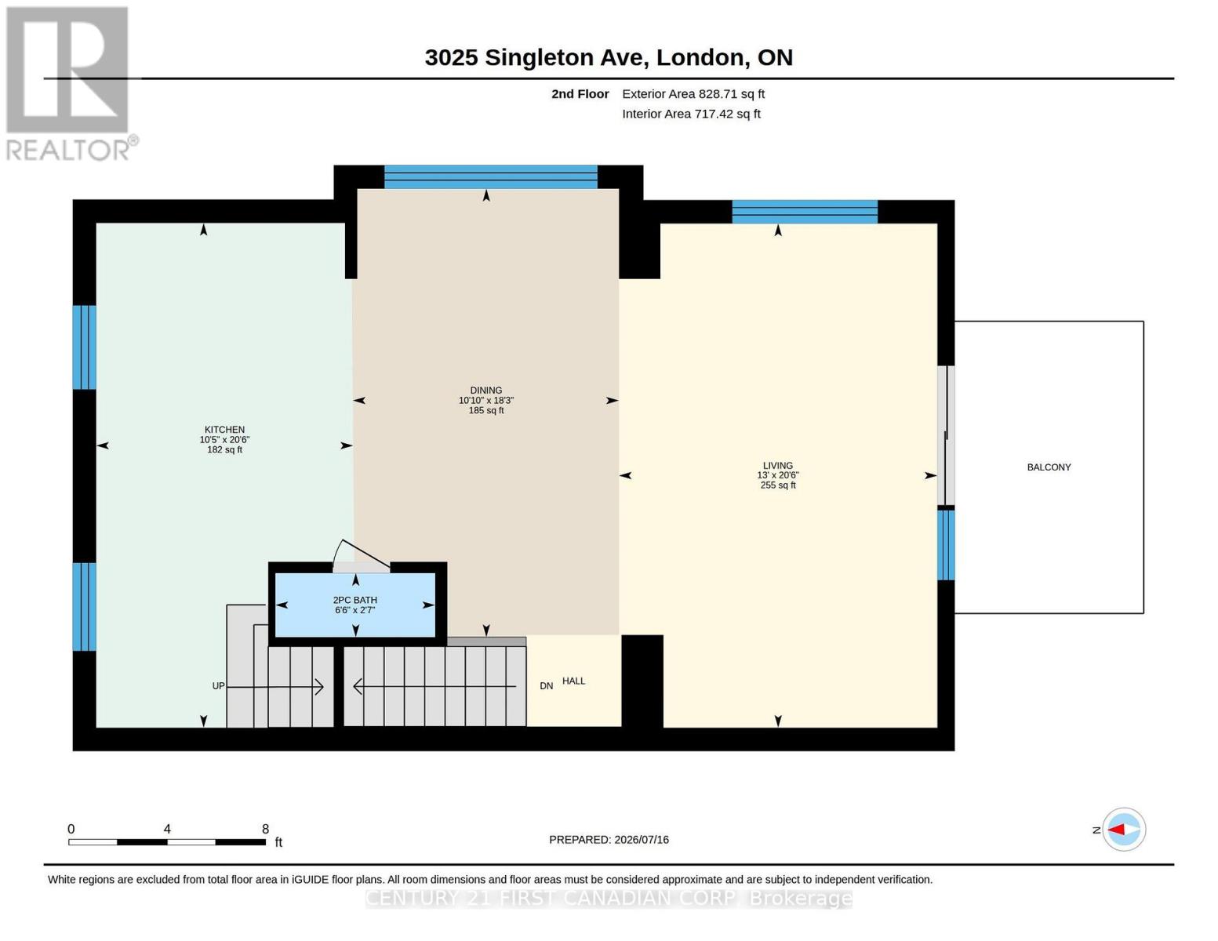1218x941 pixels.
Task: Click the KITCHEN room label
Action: (x=224, y=429)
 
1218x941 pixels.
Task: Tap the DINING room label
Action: (x=486, y=390)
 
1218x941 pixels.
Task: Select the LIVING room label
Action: (x=777, y=465)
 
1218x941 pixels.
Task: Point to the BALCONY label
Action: (x=1049, y=467)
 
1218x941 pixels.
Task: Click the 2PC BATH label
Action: (x=354, y=600)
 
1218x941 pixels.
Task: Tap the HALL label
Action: (x=573, y=681)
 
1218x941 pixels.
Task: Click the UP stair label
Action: (x=218, y=686)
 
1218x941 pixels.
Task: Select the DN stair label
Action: (x=546, y=686)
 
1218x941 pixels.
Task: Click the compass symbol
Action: (x=1123, y=830)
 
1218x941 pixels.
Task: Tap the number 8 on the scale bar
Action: (x=265, y=829)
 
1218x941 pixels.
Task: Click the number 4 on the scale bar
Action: (x=166, y=829)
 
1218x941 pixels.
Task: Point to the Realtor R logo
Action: (x=67, y=70)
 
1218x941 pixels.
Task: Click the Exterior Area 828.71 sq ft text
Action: (x=693, y=94)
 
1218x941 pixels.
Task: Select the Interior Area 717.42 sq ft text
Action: (x=690, y=114)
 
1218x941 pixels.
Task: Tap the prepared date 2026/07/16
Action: (x=642, y=840)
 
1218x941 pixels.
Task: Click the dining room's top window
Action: (x=490, y=177)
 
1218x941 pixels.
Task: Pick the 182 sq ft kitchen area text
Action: (x=224, y=449)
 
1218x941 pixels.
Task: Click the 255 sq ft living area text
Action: (x=777, y=485)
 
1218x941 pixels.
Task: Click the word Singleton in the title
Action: (x=567, y=58)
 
